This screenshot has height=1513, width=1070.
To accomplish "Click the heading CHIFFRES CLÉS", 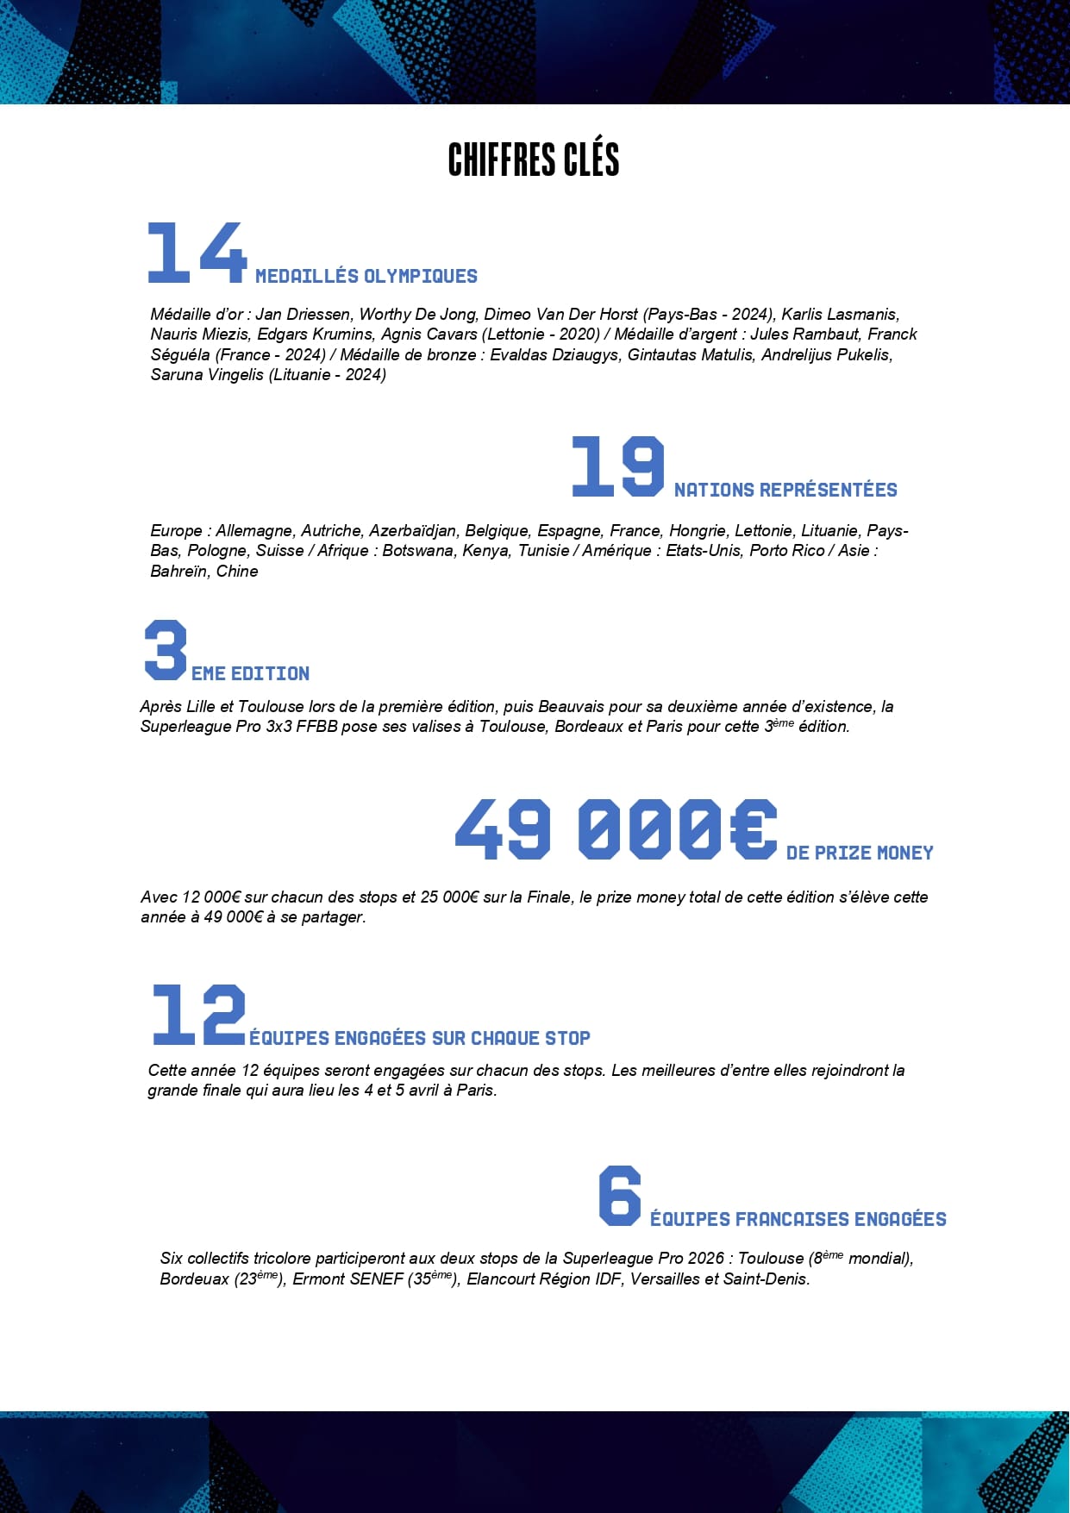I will pyautogui.click(x=534, y=159).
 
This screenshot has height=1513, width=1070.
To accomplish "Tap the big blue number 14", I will pyautogui.click(x=197, y=253).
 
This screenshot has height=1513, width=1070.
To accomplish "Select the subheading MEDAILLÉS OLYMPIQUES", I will pyautogui.click(x=366, y=277).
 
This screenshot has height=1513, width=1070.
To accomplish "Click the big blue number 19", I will pyautogui.click(x=617, y=466).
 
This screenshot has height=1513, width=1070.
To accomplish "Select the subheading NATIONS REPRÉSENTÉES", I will pyautogui.click(x=785, y=491).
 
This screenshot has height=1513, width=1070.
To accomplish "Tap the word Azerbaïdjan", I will pyautogui.click(x=413, y=531).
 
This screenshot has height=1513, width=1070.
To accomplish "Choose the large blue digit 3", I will pyautogui.click(x=166, y=650).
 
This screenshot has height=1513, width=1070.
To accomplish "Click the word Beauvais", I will pyautogui.click(x=573, y=707).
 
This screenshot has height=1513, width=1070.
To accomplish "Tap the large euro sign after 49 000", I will pyautogui.click(x=753, y=828).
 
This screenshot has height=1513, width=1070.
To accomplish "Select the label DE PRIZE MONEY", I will pyautogui.click(x=860, y=853).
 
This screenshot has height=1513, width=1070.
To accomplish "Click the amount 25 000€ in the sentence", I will pyautogui.click(x=449, y=897).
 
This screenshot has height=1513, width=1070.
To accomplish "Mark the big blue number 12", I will pyautogui.click(x=198, y=1015).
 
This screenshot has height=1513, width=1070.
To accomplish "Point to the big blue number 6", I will pyautogui.click(x=620, y=1196).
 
